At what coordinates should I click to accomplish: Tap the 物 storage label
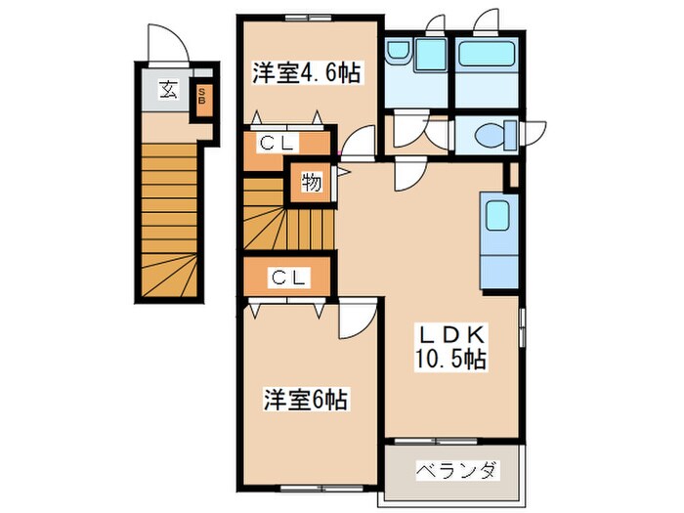pyautogui.click(x=311, y=184)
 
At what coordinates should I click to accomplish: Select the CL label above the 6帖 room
pyautogui.click(x=289, y=278)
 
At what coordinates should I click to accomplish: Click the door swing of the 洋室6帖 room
pyautogui.click(x=354, y=318)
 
